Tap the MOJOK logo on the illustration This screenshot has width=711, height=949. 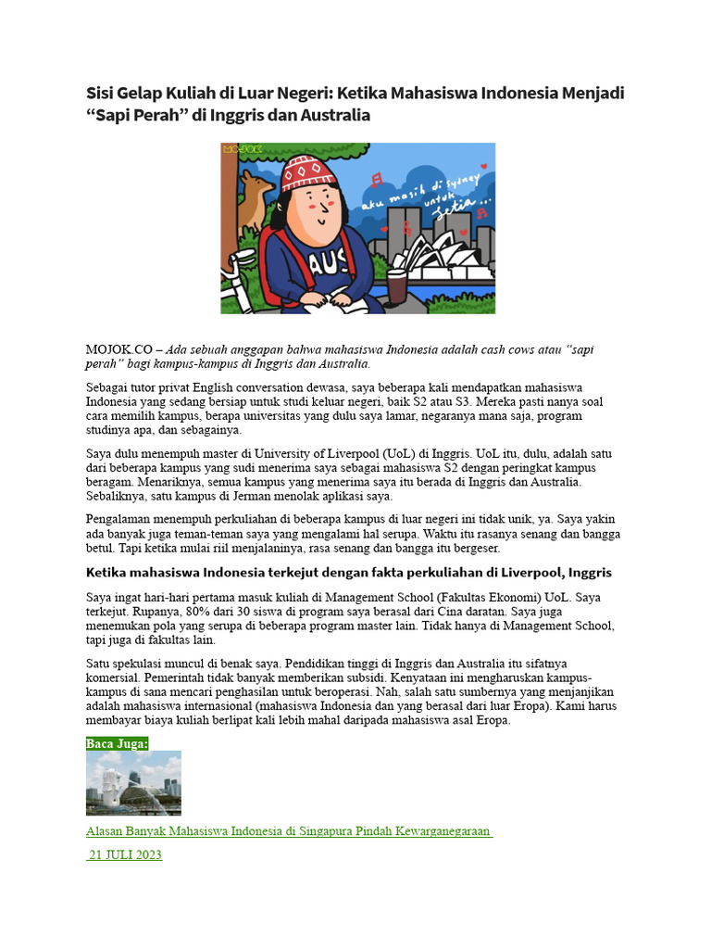(240, 148)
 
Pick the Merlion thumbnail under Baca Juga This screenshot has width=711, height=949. (133, 783)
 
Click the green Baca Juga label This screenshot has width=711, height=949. (118, 743)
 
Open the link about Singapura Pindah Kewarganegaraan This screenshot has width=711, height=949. (288, 831)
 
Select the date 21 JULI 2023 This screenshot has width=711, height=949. (125, 854)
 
